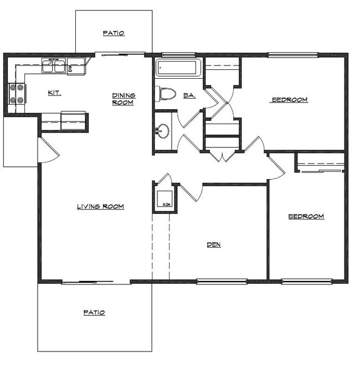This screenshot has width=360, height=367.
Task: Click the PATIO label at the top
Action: pyautogui.click(x=114, y=33)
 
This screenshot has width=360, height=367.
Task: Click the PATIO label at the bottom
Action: pyautogui.click(x=94, y=313)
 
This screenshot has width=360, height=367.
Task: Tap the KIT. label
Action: pyautogui.click(x=54, y=93)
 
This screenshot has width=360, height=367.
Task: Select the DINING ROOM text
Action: pyautogui.click(x=124, y=99)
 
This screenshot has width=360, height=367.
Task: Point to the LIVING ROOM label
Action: pyautogui.click(x=100, y=207)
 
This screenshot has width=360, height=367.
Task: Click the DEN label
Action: pyautogui.click(x=214, y=244)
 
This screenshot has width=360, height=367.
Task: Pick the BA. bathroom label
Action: pyautogui.click(x=189, y=95)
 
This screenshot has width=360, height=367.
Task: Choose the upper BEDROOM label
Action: pyautogui.click(x=289, y=100)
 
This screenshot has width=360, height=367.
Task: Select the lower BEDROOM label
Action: pyautogui.click(x=306, y=216)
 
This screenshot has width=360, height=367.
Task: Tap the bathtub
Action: pyautogui.click(x=178, y=69)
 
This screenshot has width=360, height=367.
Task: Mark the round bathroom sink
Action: pyautogui.click(x=162, y=131)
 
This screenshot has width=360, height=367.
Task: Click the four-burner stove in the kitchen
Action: pyautogui.click(x=17, y=94)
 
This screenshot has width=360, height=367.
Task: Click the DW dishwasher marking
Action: pyautogui.click(x=70, y=68)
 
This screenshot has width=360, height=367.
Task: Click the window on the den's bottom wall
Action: pyautogui.click(x=222, y=281)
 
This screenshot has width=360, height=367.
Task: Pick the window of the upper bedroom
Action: pyautogui.click(x=293, y=54)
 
